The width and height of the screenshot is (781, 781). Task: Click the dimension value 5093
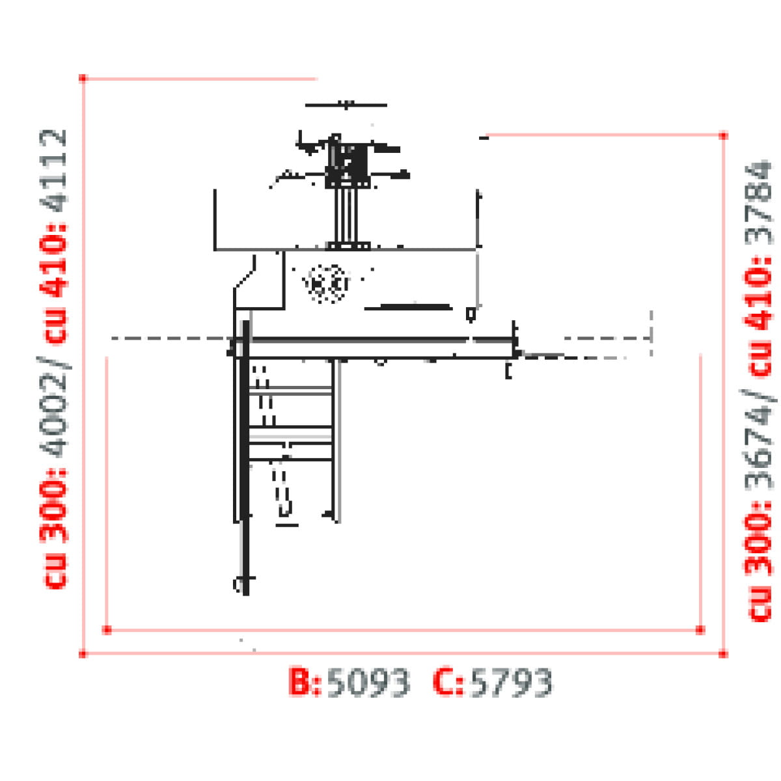tap(368, 683)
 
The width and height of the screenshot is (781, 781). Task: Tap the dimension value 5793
tap(512, 683)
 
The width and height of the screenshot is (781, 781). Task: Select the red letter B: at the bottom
tap(305, 682)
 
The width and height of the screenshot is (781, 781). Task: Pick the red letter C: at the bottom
tap(448, 682)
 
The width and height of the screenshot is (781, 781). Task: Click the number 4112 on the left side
tap(53, 171)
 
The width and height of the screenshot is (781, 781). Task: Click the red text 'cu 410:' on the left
tap(53, 284)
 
